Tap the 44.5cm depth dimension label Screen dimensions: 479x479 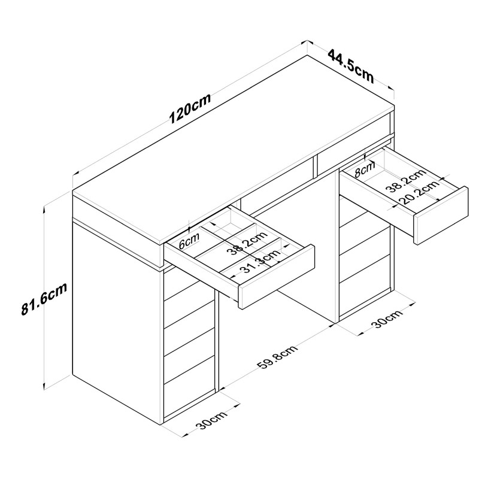pyautogui.click(x=350, y=66)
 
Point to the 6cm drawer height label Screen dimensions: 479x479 pyautogui.click(x=189, y=241)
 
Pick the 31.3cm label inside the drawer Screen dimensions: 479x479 pyautogui.click(x=259, y=264)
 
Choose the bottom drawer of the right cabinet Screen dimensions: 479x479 pyautogui.click(x=364, y=287)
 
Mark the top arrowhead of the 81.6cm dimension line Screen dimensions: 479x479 pyautogui.click(x=46, y=207)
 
